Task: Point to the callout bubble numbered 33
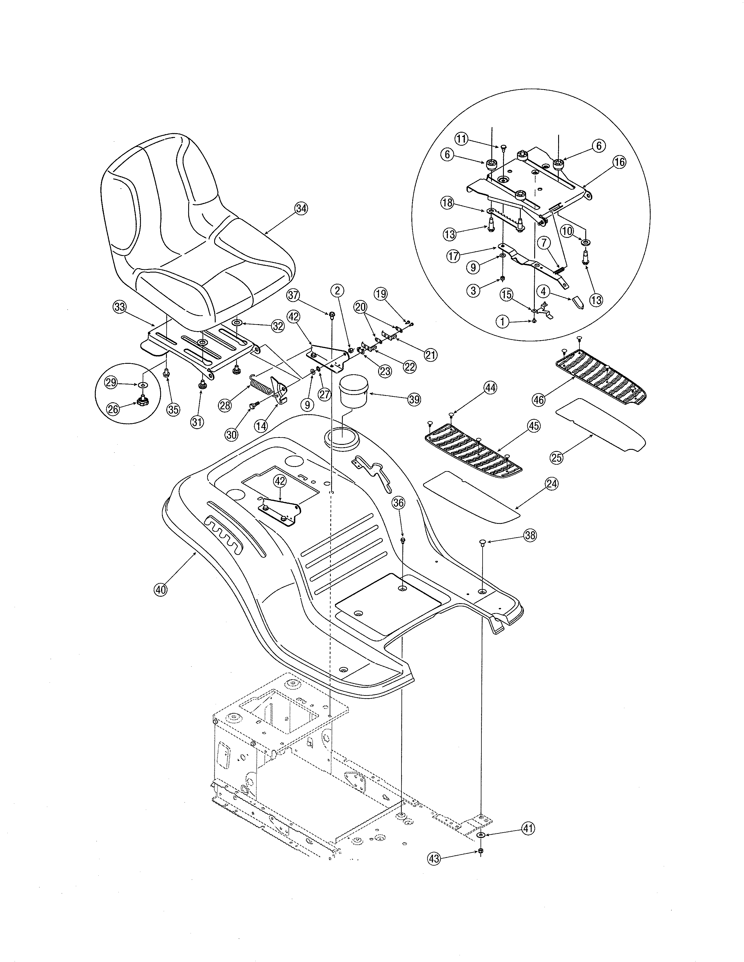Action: tap(119, 307)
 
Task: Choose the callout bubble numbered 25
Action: tap(557, 458)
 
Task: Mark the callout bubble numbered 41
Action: tap(528, 828)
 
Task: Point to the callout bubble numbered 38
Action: tap(530, 535)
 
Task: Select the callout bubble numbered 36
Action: tap(399, 503)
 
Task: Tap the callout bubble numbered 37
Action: tap(293, 294)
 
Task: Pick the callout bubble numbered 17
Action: tap(453, 256)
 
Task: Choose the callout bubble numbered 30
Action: tap(231, 435)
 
